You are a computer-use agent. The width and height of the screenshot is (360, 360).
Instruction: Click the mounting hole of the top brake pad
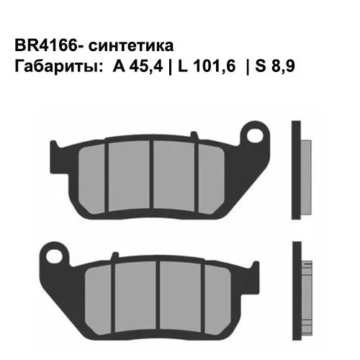[252, 135]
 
